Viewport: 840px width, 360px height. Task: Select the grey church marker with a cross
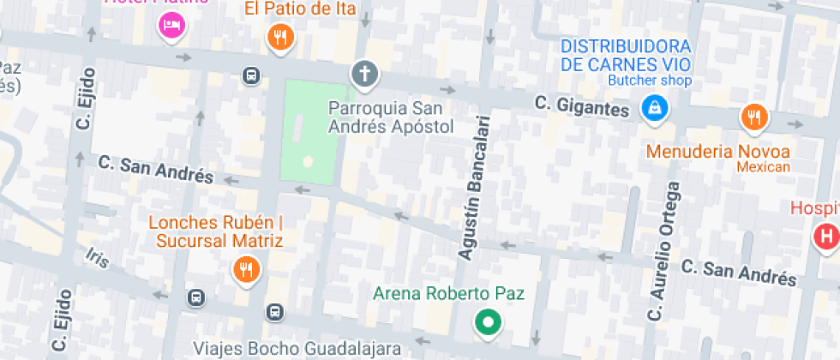tap(364, 74)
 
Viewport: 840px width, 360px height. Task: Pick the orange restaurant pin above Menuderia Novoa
tap(753, 117)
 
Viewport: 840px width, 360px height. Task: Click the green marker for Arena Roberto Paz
tap(489, 322)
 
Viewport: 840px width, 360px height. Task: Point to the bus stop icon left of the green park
tap(250, 75)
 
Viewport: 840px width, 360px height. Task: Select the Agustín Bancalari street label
tap(474, 186)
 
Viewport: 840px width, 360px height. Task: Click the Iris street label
tap(99, 257)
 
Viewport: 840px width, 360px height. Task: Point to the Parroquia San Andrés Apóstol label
tap(391, 117)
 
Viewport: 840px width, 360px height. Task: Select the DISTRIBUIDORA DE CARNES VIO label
tap(626, 55)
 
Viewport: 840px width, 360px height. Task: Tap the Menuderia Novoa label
tap(718, 152)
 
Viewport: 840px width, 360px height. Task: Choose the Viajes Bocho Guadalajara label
tap(297, 349)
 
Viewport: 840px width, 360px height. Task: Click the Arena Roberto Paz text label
tap(448, 293)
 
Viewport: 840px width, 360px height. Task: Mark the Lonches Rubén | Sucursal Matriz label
tap(216, 231)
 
